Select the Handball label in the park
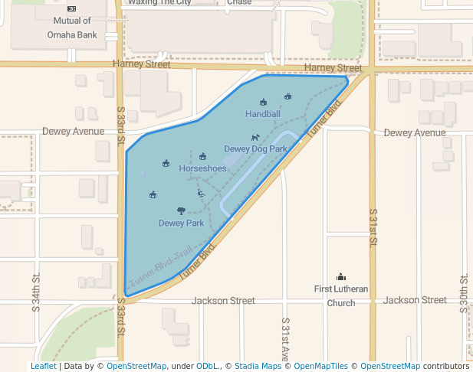(x=263, y=114)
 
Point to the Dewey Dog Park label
(x=255, y=148)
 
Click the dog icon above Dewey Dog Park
(x=255, y=138)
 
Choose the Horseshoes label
(x=202, y=168)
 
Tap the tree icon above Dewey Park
(x=181, y=210)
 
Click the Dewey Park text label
(x=181, y=224)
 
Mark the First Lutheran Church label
(x=341, y=295)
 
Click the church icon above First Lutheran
(x=341, y=276)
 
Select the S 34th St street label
(x=36, y=294)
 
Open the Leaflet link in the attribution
(x=43, y=366)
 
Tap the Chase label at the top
(x=239, y=3)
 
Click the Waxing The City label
(x=159, y=3)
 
